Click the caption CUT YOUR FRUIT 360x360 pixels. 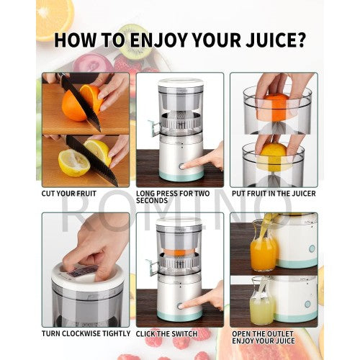pyautogui.click(x=70, y=193)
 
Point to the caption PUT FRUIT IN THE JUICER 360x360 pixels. pyautogui.click(x=273, y=193)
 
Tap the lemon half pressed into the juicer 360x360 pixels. pyautogui.click(x=272, y=156)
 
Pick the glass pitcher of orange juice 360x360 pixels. pyautogui.click(x=263, y=248)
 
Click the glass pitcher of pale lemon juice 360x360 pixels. pyautogui.click(x=262, y=304)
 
